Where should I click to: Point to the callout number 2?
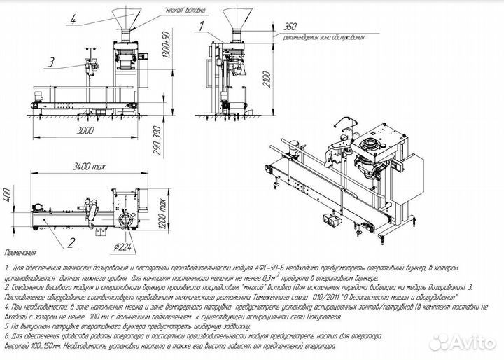[x=71, y=243]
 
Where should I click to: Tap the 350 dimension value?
[x=286, y=25]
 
